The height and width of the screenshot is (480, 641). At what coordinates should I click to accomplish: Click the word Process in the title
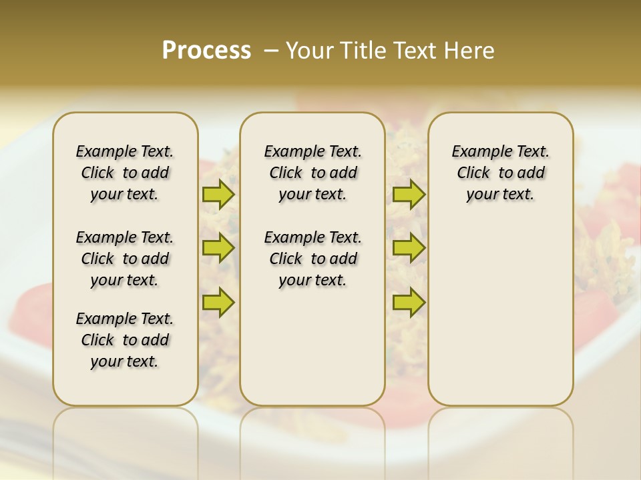click(206, 51)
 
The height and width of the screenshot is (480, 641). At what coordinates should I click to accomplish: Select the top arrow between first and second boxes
click(218, 195)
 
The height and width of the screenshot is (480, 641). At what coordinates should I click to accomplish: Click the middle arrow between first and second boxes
click(218, 248)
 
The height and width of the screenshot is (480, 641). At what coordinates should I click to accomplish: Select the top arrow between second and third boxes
click(409, 195)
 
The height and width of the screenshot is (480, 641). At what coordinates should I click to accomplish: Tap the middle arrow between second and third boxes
click(409, 248)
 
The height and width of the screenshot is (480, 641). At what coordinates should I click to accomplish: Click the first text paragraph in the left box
click(125, 173)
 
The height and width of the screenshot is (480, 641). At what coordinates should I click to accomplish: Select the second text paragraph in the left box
click(125, 259)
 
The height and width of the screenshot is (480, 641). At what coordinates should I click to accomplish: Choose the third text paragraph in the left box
click(125, 340)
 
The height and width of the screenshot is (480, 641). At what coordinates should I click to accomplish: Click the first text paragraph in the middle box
click(312, 173)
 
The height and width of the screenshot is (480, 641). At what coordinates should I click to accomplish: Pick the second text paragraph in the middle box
click(312, 259)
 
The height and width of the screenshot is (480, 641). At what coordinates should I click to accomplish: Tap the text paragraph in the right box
click(500, 173)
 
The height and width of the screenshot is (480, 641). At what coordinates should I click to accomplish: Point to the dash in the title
click(271, 51)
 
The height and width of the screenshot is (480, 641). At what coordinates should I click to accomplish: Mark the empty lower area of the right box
click(500, 320)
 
